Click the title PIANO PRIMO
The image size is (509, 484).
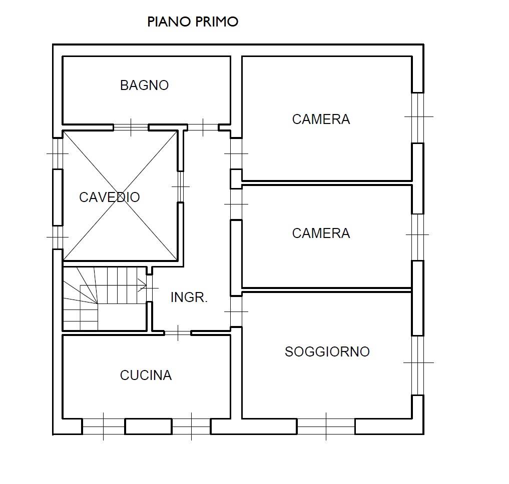coord(193,21)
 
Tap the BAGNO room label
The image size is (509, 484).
coord(145,85)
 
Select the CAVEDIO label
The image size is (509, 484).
coord(110,197)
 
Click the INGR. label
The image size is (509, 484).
coord(189,297)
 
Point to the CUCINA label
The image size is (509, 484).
coord(146,375)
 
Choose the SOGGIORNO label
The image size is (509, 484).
coord(327,351)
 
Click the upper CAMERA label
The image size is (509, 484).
coord(321,119)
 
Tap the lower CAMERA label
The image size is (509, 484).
coord(321,233)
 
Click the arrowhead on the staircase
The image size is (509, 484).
coord(142,285)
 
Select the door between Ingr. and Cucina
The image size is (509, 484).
coord(178,333)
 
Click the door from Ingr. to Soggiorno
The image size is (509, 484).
coord(236,311)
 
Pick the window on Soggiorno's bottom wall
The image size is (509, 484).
coord(326,426)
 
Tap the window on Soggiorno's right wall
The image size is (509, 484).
coord(418,365)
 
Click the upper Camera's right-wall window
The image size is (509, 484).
coord(418,118)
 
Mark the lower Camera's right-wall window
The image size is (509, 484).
coord(418,237)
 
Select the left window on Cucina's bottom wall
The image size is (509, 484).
coord(104,426)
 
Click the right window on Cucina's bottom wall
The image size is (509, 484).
coord(191,426)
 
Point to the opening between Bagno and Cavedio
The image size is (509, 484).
coord(131,127)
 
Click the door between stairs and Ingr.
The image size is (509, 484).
coord(149,288)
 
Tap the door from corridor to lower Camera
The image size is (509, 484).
coord(236,204)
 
